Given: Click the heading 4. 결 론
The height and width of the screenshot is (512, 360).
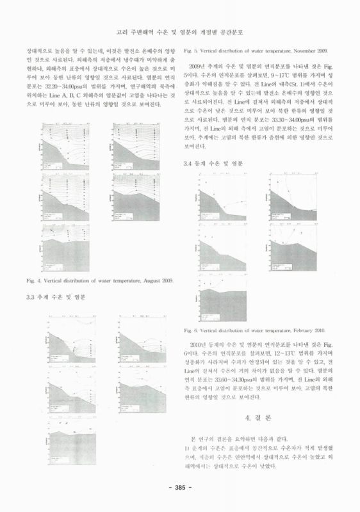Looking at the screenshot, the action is tap(258, 417).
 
